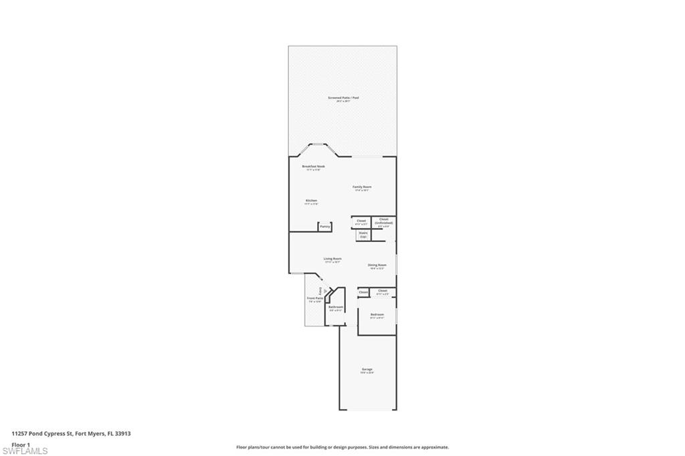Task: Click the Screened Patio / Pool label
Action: tap(343, 98)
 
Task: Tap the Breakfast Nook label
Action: tap(313, 166)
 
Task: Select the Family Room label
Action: tap(362, 187)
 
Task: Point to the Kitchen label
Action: tap(311, 201)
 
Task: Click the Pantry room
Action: tap(325, 227)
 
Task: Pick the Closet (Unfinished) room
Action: tap(383, 222)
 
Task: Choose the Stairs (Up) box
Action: tap(363, 235)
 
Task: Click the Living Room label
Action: tap(333, 259)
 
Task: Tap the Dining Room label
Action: tap(377, 265)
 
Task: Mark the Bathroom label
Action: tap(336, 308)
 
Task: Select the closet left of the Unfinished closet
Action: tap(361, 221)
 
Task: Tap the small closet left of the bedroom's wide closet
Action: tap(363, 292)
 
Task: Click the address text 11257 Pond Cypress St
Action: tap(71, 433)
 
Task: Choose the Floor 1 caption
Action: tap(21, 444)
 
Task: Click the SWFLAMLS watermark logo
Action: tap(25, 451)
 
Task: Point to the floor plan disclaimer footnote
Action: tap(342, 447)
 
